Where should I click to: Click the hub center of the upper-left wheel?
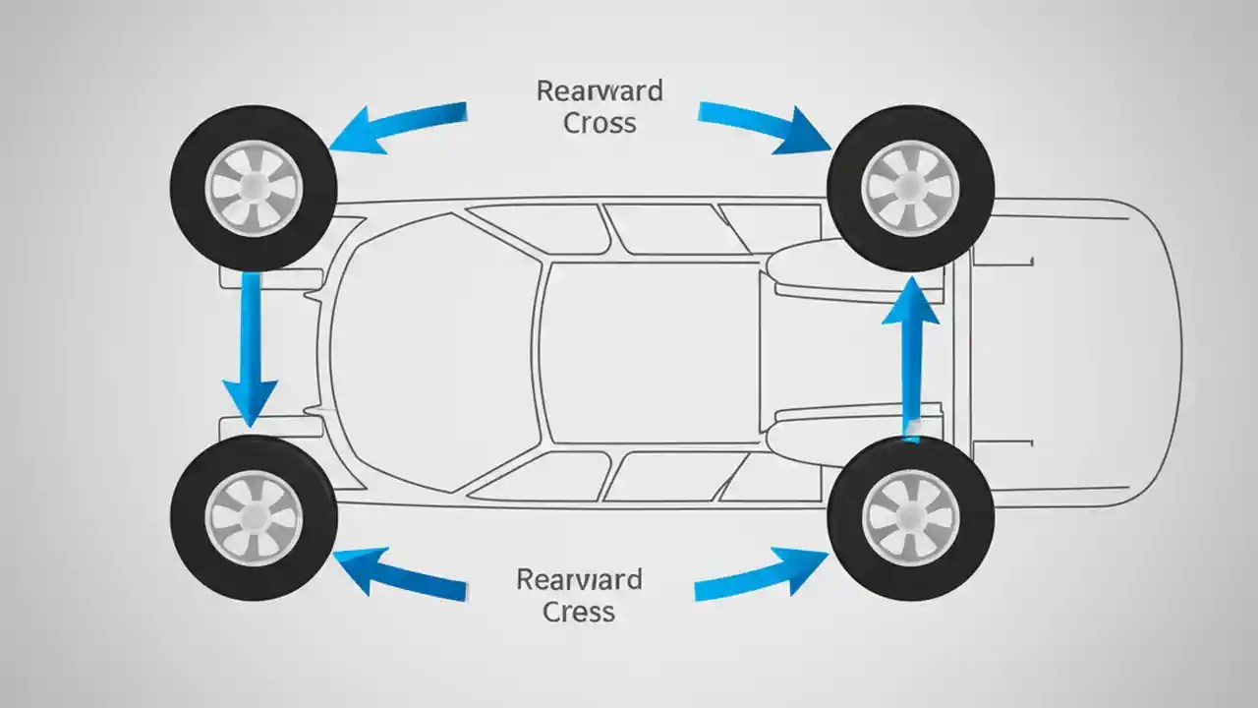(x=254, y=188)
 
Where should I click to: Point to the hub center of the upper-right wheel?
(x=910, y=188)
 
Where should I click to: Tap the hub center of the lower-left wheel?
(x=254, y=517)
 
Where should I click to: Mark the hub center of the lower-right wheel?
(x=910, y=517)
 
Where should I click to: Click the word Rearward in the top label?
(x=600, y=91)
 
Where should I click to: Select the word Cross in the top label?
(x=600, y=124)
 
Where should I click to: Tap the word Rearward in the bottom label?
(x=579, y=579)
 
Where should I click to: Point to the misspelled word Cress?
(x=579, y=612)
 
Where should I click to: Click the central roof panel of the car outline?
(x=649, y=354)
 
